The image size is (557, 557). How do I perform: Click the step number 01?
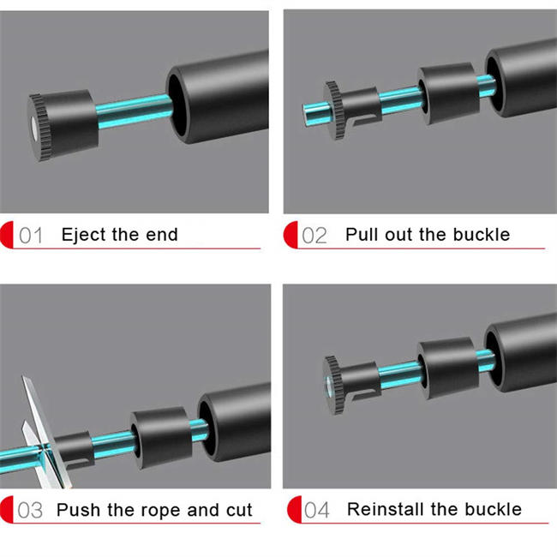pyautogui.click(x=31, y=236)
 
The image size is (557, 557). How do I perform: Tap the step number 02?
pyautogui.click(x=314, y=236)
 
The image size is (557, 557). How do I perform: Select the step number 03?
pyautogui.click(x=30, y=511)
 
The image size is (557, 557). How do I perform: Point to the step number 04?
pyautogui.click(x=317, y=511)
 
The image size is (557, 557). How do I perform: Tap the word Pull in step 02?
pyautogui.click(x=362, y=235)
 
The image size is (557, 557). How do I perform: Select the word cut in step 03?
pyautogui.click(x=239, y=510)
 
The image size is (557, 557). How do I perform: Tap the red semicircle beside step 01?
pyautogui.click(x=7, y=235)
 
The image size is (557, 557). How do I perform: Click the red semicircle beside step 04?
pyautogui.click(x=295, y=510)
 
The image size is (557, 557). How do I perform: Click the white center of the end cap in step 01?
pyautogui.click(x=33, y=127)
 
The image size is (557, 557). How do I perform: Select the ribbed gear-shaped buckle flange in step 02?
pyautogui.click(x=334, y=110)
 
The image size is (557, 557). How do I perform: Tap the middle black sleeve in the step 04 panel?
pyautogui.click(x=448, y=368)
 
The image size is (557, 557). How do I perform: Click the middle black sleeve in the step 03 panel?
pyautogui.click(x=161, y=438)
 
